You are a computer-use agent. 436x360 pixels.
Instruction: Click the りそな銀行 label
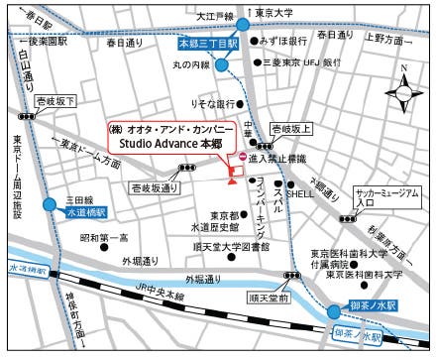coord(212,103)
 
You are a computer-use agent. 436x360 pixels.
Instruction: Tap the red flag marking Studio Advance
coord(233,179)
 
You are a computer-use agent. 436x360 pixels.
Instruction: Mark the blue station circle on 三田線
coord(49,204)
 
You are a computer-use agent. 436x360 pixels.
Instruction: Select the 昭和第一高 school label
coord(104,238)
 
